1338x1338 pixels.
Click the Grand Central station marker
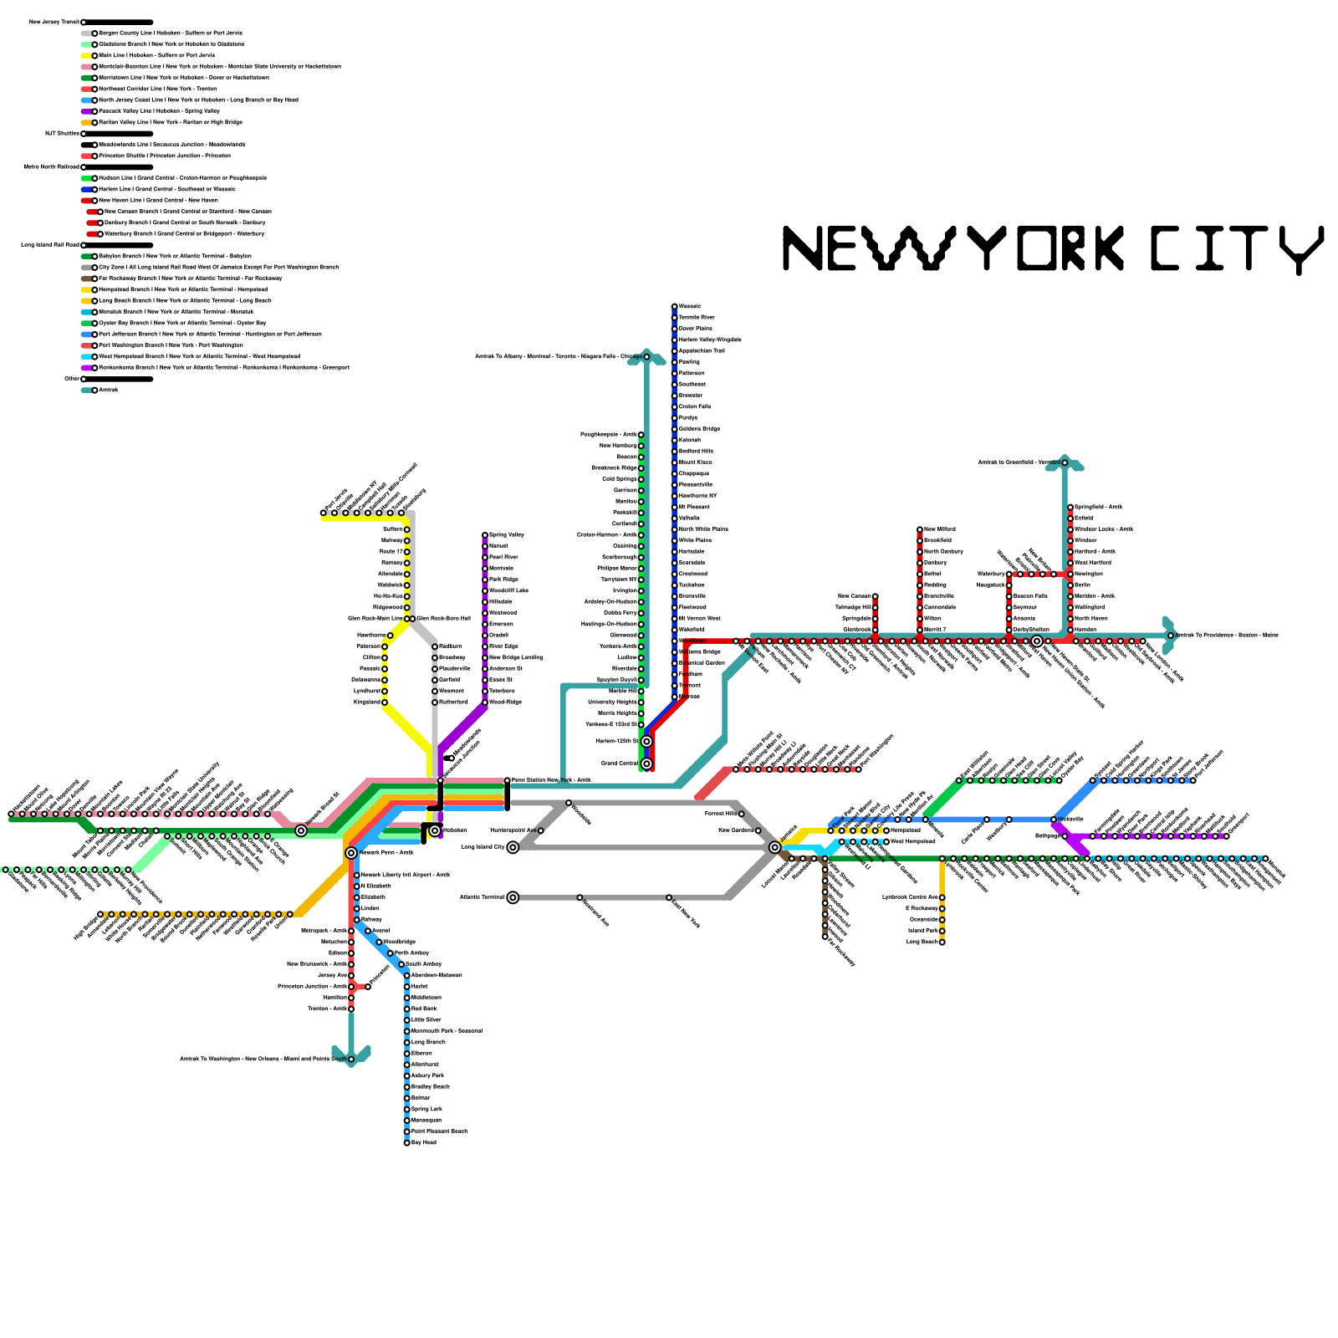(x=646, y=763)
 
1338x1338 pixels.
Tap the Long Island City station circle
(x=513, y=847)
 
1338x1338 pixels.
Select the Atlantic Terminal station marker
(x=513, y=897)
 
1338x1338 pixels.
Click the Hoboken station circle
(x=435, y=830)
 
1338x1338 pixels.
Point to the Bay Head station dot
(x=407, y=1142)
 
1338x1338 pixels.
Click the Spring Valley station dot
(x=485, y=535)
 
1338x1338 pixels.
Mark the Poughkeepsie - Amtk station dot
(x=641, y=435)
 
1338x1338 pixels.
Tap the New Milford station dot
(x=920, y=529)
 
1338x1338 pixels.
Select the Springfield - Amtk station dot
(x=1070, y=508)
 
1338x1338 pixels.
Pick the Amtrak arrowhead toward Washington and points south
(x=351, y=1055)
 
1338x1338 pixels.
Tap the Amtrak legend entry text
(x=110, y=391)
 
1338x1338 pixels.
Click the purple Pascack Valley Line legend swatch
(x=87, y=111)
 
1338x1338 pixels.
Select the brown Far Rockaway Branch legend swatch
(x=87, y=278)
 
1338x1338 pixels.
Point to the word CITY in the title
(x=1236, y=248)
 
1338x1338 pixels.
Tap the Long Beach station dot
(x=942, y=942)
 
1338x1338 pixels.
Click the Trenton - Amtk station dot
(x=351, y=1009)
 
